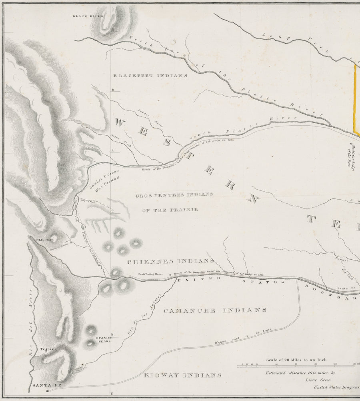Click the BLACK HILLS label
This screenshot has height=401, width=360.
pos(88,16)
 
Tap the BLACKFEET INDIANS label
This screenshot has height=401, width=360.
pos(150,76)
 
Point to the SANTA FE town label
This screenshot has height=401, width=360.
pos(41,385)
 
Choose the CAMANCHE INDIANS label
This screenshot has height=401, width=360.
pos(215,310)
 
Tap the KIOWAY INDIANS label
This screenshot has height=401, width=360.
pos(182,375)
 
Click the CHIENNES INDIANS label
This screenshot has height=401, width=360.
pos(170,261)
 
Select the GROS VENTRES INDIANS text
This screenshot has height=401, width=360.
pos(174,194)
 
